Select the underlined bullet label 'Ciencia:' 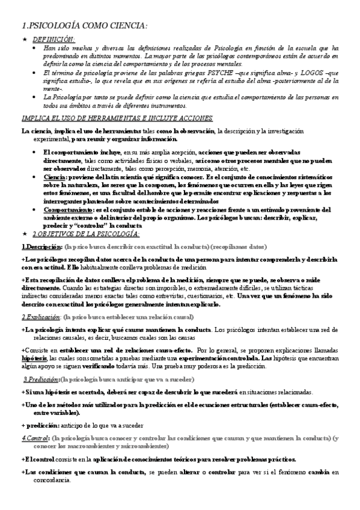(x=55, y=177)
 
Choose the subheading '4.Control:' (x=35, y=438)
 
